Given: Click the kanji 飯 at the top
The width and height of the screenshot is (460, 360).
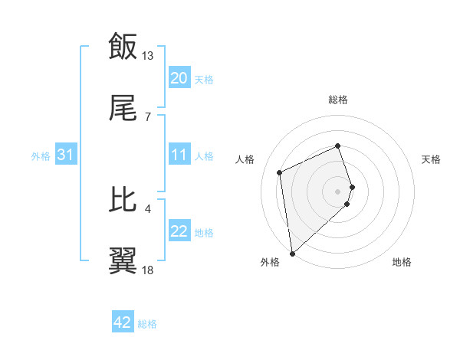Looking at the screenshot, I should [x=123, y=46].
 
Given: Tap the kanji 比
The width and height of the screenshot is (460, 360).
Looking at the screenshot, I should [x=123, y=199].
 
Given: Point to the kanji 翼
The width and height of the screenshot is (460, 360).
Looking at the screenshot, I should [x=123, y=260].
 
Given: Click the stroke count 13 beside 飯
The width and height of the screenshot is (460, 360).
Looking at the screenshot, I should [x=148, y=56].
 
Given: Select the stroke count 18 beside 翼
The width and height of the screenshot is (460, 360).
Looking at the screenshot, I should [x=148, y=270].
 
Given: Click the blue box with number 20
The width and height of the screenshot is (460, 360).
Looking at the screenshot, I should [x=179, y=78].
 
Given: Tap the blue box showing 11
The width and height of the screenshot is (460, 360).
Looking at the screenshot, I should [x=179, y=155].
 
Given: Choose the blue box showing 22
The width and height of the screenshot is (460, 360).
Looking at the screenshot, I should [x=179, y=232].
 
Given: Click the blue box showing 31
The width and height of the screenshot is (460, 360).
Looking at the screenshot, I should [x=66, y=155].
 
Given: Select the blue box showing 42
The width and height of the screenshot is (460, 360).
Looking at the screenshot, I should [x=123, y=322].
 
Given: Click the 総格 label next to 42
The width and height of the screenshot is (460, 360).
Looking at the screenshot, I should [x=147, y=324].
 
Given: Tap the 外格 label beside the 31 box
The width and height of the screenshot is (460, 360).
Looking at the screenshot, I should [x=41, y=156].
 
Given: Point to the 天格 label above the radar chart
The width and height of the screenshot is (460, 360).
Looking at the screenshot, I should [x=431, y=159].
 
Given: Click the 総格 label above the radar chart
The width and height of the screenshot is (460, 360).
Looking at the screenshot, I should [x=338, y=100].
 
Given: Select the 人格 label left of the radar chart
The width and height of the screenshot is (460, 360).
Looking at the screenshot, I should [x=245, y=159].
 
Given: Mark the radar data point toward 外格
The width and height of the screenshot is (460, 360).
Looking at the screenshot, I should [x=292, y=253].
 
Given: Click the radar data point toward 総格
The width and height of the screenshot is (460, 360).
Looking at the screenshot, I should [x=338, y=146].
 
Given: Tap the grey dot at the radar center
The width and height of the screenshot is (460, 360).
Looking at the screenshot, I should [x=338, y=191].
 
